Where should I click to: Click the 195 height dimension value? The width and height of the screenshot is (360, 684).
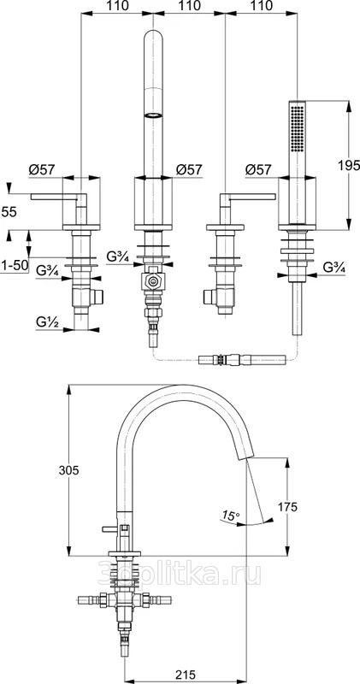tap(349, 165)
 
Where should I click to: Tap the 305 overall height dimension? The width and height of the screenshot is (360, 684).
tap(69, 470)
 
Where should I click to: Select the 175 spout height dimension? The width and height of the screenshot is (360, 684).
tap(287, 507)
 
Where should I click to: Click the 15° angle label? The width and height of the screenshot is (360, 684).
tap(230, 516)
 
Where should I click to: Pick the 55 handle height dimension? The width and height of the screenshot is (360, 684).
tap(9, 212)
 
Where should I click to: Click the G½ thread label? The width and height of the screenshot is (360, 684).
tap(46, 323)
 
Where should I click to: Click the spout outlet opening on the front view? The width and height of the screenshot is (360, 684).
tap(153, 115)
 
